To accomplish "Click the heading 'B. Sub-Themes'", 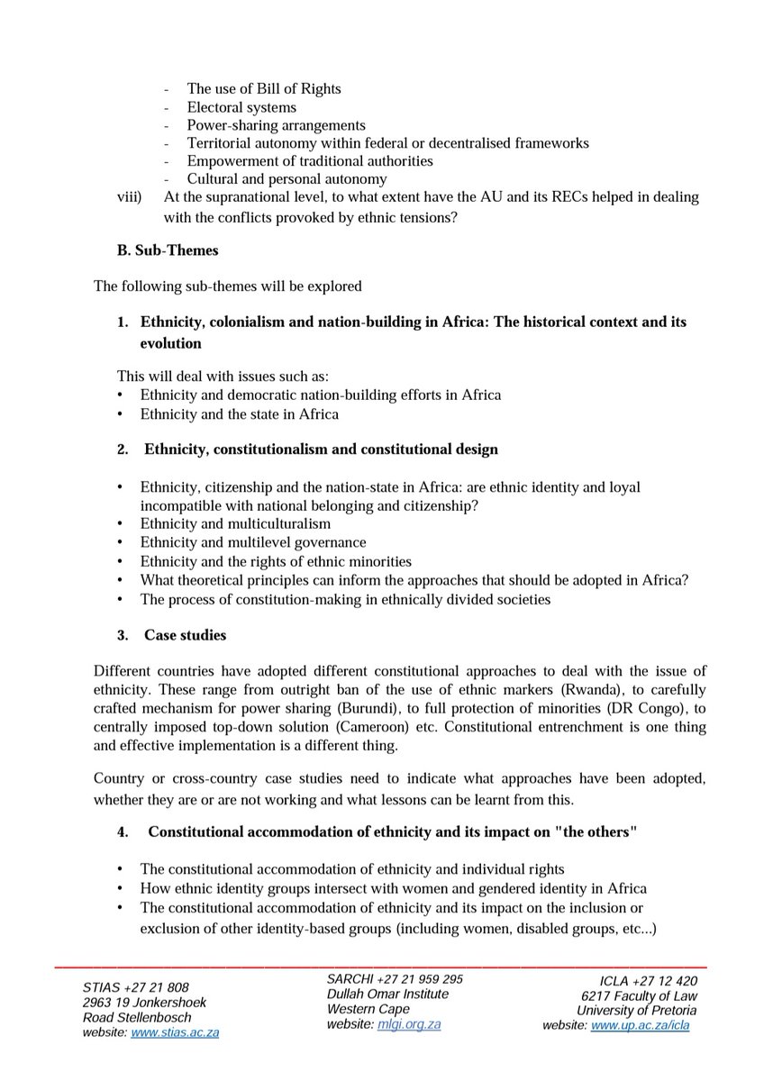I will click(x=168, y=251).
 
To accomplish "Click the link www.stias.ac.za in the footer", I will click(x=175, y=1032).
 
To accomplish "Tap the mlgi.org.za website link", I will click(x=409, y=1024).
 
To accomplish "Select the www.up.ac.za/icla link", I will click(x=643, y=1025).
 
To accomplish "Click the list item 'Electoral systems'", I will click(x=241, y=107).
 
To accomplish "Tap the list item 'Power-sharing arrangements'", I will click(x=276, y=125).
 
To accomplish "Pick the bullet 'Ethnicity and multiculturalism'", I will click(x=235, y=523).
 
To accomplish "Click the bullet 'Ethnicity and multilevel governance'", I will click(x=253, y=542).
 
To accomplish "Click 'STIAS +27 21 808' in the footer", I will click(x=136, y=987).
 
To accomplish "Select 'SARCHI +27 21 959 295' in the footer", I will click(x=395, y=979).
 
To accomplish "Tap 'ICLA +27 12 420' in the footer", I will click(x=648, y=981).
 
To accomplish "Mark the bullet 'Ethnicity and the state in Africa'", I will click(x=240, y=414).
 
